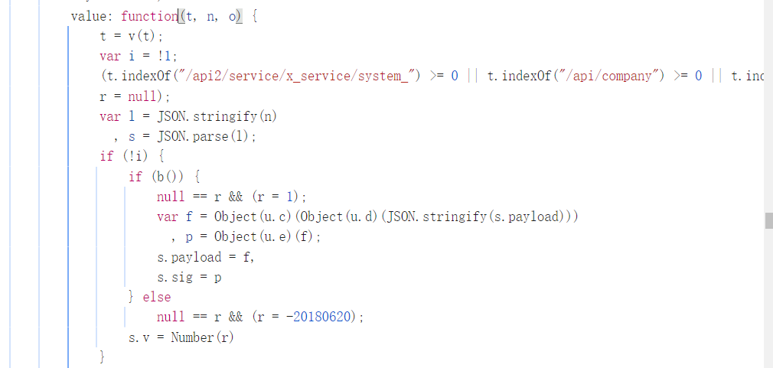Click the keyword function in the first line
149,16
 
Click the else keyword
157,297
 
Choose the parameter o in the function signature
232,16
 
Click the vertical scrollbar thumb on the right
768,221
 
